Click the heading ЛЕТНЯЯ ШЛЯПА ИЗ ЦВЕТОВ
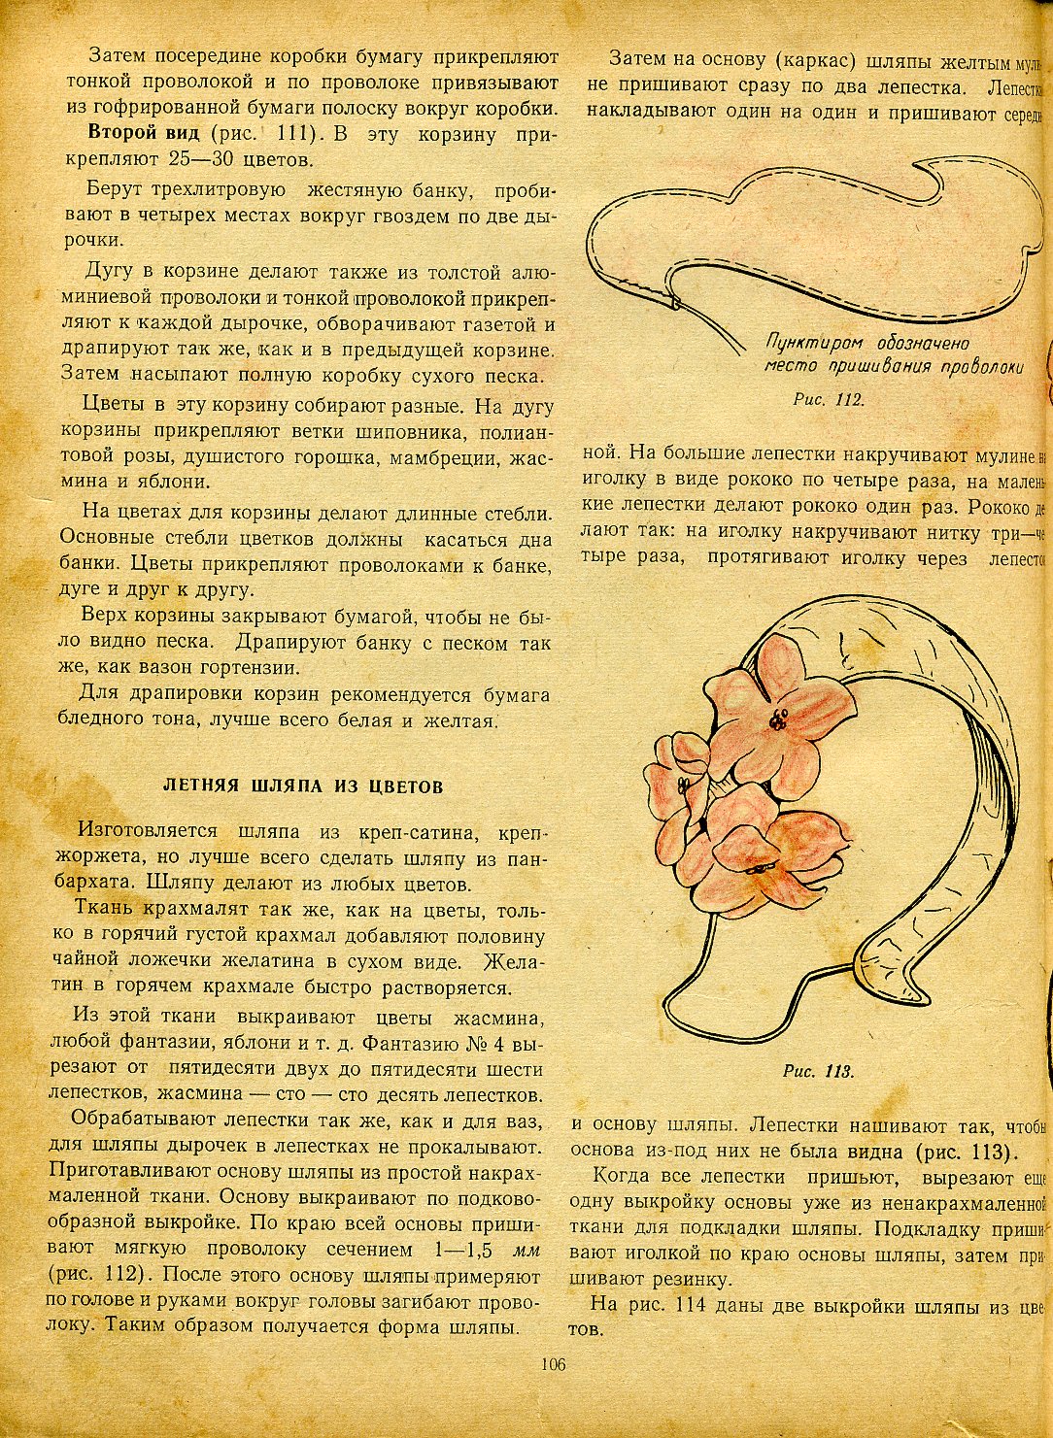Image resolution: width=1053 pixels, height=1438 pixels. [x=302, y=786]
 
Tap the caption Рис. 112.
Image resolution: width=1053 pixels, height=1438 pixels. [x=829, y=398]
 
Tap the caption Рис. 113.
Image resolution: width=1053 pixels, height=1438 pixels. [x=818, y=1072]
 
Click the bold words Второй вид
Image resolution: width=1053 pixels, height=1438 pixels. [x=143, y=132]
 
